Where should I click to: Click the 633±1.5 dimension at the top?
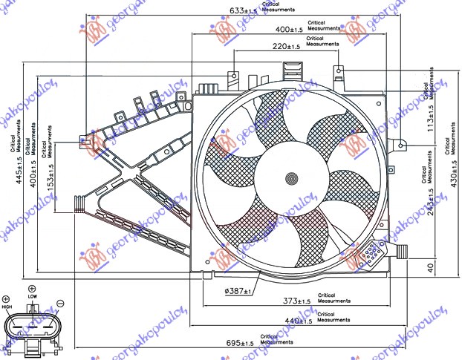point(243,11)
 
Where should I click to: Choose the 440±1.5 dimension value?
point(298,321)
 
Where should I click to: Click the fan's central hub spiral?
point(293,177)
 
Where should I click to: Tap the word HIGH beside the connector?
point(7,307)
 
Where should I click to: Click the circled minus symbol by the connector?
point(60,302)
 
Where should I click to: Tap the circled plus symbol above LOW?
point(31,288)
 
